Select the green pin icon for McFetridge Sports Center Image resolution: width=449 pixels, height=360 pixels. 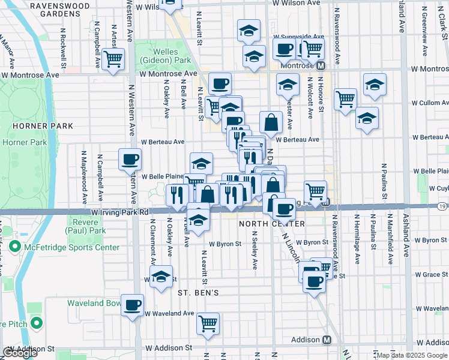[x=14, y=247]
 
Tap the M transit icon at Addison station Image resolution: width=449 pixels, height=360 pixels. [x=327, y=340]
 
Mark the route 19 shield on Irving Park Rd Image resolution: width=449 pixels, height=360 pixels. [x=442, y=206]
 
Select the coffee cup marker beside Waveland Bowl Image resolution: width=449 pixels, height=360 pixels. [x=133, y=305]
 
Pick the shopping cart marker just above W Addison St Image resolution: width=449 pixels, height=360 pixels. [x=208, y=323]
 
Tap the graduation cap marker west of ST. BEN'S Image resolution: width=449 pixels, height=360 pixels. [x=160, y=277]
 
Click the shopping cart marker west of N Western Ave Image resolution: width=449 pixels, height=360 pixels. [x=113, y=59]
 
